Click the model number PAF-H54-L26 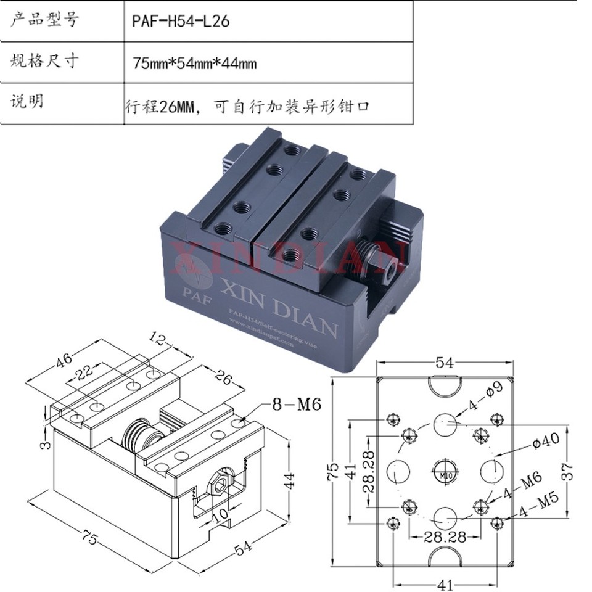click(x=180, y=21)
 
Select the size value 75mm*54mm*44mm click(x=194, y=63)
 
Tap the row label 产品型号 click(x=44, y=20)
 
